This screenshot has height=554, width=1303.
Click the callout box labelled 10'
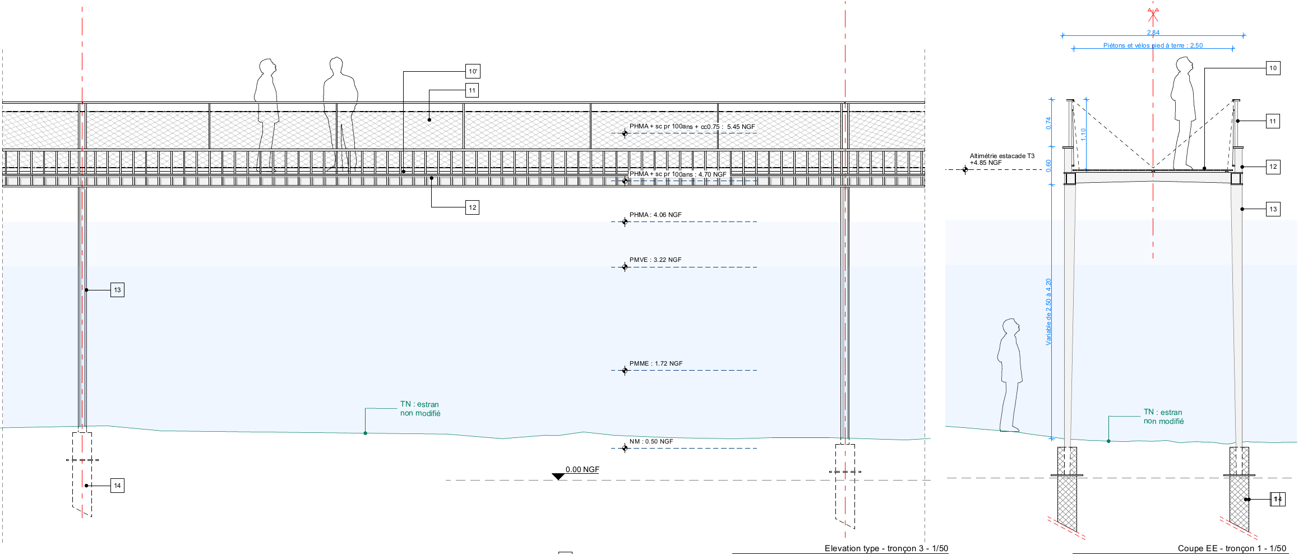(473, 71)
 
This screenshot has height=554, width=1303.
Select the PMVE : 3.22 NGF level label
(655, 260)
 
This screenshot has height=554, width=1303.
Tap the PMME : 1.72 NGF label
(655, 363)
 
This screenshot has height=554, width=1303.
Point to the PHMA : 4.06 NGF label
(655, 215)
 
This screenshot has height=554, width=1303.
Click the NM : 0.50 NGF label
(650, 441)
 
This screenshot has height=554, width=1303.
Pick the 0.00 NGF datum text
(582, 469)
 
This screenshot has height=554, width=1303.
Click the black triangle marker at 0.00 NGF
(558, 477)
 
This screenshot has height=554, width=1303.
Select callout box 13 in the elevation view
(117, 290)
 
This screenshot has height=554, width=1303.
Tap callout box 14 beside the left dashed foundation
(117, 486)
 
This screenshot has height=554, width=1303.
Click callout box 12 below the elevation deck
(473, 207)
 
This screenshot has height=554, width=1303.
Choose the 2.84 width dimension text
(1153, 33)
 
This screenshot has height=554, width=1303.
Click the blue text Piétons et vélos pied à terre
(1153, 45)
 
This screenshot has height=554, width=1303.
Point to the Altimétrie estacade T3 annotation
(1002, 159)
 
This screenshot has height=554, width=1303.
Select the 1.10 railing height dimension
(1083, 134)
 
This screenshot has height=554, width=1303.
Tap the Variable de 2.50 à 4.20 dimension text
(1048, 311)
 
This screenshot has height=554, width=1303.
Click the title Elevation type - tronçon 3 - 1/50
(886, 548)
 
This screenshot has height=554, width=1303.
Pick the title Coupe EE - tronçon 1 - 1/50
(1232, 548)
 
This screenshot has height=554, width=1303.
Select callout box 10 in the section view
(1273, 68)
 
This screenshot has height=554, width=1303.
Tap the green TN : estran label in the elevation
(420, 409)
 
